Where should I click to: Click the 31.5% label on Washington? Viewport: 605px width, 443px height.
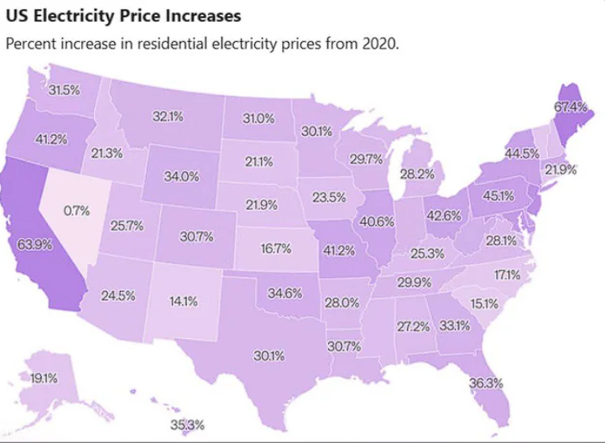point(64,90)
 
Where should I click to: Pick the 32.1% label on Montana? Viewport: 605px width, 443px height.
point(168,117)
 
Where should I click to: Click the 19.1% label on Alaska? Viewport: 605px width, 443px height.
point(44,378)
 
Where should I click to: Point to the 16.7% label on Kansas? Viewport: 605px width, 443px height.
point(275,248)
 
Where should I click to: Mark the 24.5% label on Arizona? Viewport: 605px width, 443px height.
point(118,295)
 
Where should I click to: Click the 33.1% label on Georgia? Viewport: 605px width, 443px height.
point(454,325)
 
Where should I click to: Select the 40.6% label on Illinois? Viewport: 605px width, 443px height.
point(377,221)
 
